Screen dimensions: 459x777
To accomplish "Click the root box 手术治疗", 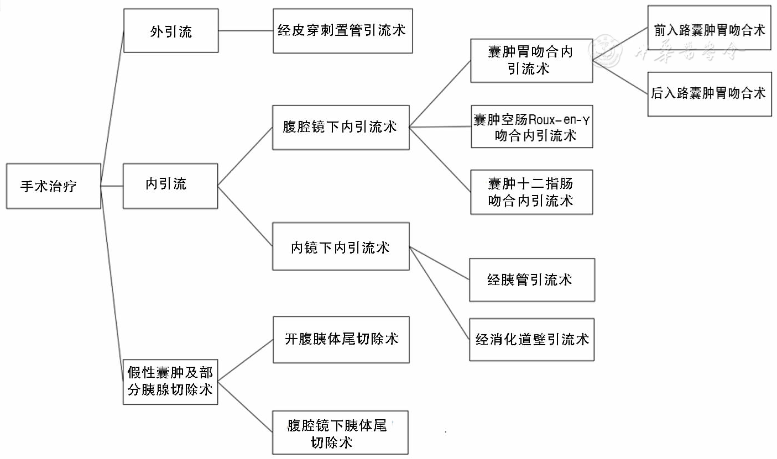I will (53, 186).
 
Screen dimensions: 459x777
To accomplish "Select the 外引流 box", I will (171, 31).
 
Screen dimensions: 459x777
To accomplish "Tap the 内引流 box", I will (170, 186).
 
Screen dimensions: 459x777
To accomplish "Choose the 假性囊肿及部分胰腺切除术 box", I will (170, 381).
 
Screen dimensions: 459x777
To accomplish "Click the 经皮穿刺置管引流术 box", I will (342, 30).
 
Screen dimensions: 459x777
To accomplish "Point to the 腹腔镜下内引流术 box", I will (341, 127).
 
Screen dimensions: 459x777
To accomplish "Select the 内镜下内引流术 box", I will (341, 246).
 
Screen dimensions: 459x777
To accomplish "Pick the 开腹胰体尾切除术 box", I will (341, 339).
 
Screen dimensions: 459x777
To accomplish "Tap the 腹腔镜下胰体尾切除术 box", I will (341, 432).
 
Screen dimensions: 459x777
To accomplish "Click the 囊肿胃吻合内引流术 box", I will (531, 60).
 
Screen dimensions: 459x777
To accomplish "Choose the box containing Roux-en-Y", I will (531, 126).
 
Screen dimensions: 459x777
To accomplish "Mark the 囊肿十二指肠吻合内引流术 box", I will (531, 192).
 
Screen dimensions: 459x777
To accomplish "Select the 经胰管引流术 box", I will (531, 279).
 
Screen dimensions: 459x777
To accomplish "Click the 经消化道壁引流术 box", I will (531, 339).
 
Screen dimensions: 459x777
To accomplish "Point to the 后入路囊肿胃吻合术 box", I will (709, 93).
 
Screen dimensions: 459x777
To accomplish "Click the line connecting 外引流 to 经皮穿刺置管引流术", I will (246, 30).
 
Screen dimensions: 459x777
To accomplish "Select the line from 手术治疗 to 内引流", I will (112, 186).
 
